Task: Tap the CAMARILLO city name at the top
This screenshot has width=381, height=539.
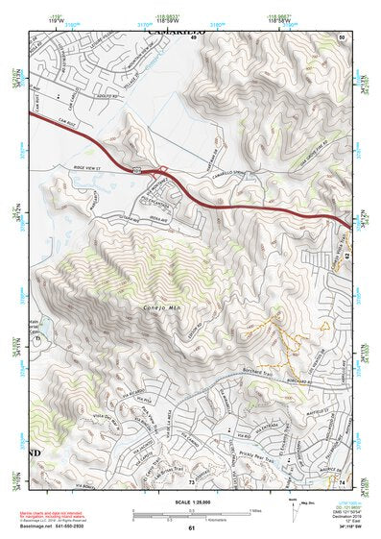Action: coord(177,31)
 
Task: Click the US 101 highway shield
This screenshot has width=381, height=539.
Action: coord(140,169)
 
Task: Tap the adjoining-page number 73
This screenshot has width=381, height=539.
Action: coord(191,480)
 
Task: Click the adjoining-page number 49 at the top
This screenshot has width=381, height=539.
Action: coord(191,37)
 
